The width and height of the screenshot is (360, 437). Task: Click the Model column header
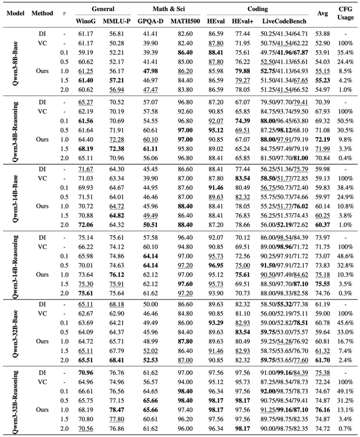tap(14, 14)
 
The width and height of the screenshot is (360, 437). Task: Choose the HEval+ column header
tap(242, 20)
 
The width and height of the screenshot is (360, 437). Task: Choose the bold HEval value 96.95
tap(215, 264)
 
